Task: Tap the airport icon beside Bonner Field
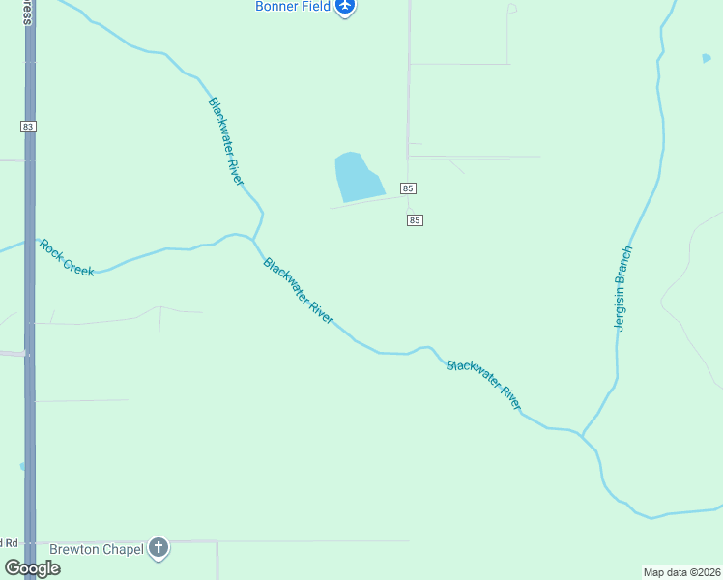click(345, 7)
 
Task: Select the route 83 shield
click(28, 127)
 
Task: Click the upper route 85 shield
click(408, 188)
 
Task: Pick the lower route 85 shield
click(415, 220)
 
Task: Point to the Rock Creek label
click(67, 257)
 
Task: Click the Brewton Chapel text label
click(97, 549)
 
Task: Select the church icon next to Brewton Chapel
click(159, 549)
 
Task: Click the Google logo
click(31, 568)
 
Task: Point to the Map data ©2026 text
click(681, 572)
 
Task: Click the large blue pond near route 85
click(356, 177)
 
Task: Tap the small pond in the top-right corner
click(707, 58)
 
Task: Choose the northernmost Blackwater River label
click(225, 141)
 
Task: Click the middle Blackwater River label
click(299, 290)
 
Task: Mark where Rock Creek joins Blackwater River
click(253, 238)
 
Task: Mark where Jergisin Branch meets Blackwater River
click(581, 435)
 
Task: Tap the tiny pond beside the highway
click(21, 467)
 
